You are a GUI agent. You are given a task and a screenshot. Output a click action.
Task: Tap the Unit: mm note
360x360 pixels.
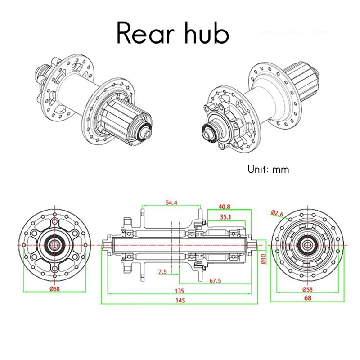pos(268,170)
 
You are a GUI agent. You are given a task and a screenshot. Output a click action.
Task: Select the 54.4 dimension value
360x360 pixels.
pos(171,203)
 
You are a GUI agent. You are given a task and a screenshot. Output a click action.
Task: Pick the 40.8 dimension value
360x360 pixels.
pos(224,207)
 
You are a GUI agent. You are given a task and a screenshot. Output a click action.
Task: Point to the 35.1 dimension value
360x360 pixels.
pos(225,217)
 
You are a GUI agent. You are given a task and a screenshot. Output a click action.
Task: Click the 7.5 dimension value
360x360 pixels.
pos(162,272)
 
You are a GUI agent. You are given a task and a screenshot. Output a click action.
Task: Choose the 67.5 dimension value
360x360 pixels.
pos(215,280)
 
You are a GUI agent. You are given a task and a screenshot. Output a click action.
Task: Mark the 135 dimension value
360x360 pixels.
pos(180,291)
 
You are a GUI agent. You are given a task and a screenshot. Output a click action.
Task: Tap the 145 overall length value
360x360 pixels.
pos(180,300)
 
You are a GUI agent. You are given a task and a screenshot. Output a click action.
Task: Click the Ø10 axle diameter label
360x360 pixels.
pos(263,259)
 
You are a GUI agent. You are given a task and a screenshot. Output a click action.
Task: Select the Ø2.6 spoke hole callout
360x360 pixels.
pos(277,213)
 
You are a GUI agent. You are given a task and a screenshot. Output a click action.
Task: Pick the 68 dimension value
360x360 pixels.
pos(308,298)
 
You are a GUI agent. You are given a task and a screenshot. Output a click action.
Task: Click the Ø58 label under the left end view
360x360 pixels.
pos(54,289)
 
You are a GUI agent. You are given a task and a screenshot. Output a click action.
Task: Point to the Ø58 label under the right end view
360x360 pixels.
pos(308,289)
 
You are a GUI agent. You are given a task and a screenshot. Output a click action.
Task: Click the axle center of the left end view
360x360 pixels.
pos(54,245)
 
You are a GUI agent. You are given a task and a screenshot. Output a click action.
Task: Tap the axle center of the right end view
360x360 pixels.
pos(308,245)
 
